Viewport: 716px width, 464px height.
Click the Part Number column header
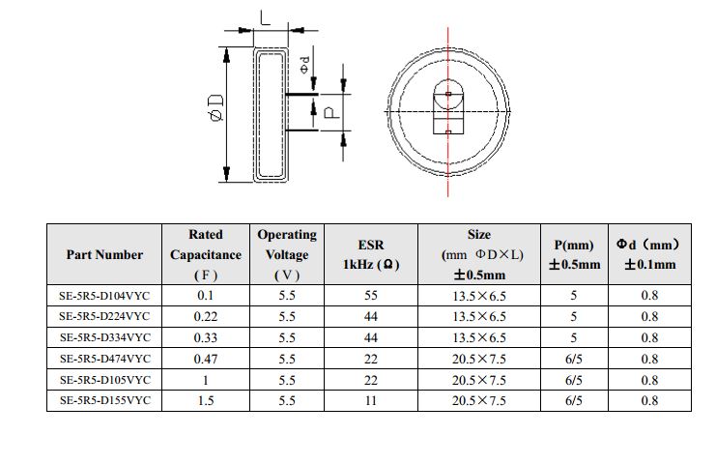click(x=104, y=254)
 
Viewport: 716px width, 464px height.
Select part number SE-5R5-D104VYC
click(x=104, y=296)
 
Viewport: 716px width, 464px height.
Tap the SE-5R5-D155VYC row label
click(x=105, y=400)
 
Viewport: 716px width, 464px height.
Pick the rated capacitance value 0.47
click(x=206, y=359)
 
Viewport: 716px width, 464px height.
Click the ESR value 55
click(x=371, y=296)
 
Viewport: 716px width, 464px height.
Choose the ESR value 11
click(x=371, y=400)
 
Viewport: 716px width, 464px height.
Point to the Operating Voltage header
click(x=287, y=254)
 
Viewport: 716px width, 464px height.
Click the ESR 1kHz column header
click(x=371, y=254)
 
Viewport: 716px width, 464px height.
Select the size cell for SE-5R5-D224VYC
click(x=479, y=317)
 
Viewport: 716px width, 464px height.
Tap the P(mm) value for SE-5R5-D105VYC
click(x=574, y=380)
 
